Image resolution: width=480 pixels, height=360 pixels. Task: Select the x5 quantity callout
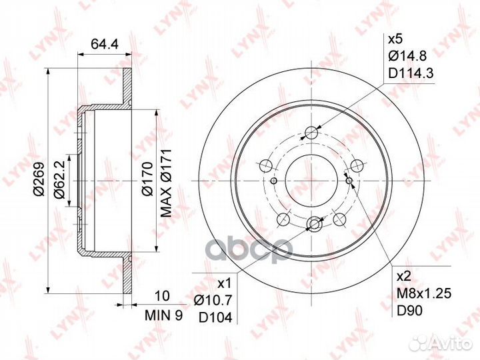(x=395, y=38)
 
